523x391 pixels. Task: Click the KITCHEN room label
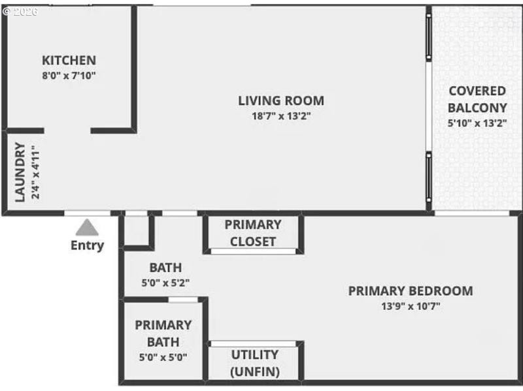pos(69,60)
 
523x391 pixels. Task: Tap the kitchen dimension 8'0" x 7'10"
pos(69,75)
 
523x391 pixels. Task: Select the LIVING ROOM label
pos(280,101)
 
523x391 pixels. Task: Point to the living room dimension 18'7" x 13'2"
pos(280,116)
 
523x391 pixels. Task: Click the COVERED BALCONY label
pos(477,99)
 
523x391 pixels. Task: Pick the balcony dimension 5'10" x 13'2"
pos(477,123)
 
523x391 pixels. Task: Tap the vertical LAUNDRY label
pos(20,172)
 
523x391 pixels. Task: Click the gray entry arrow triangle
pos(87,228)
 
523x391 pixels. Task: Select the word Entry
pos(87,245)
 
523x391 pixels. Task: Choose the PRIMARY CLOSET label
pos(252,233)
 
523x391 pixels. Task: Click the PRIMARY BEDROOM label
pos(410,291)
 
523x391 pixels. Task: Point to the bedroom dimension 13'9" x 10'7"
pos(411,306)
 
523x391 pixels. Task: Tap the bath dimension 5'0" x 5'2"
pos(165,283)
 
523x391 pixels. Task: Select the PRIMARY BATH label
pos(163,333)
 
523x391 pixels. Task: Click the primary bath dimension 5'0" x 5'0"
pos(163,357)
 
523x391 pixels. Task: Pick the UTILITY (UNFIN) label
pos(254,364)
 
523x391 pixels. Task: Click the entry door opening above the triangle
pos(87,213)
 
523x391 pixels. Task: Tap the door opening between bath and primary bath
pos(183,300)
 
